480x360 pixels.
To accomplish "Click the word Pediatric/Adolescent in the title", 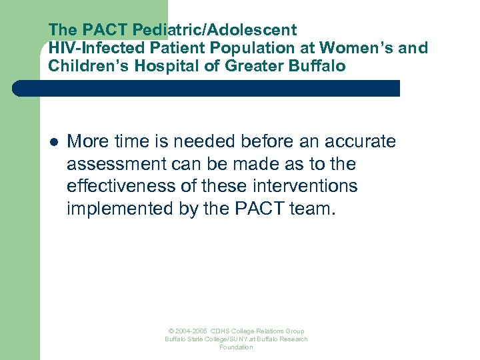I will pos(216,30).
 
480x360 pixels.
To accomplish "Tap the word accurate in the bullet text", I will pos(360,141).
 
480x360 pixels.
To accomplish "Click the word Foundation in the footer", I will pos(237,347).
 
